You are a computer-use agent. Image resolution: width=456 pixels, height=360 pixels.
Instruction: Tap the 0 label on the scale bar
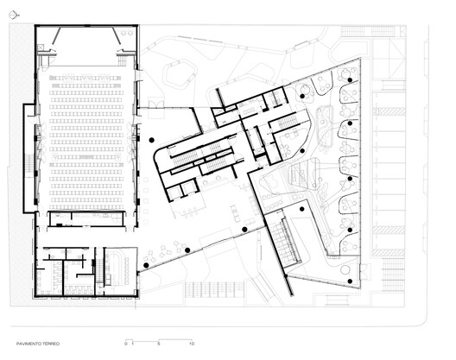pyautogui.click(x=125, y=344)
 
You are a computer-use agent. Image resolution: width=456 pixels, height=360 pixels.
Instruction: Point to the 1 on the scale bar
pyautogui.click(x=132, y=344)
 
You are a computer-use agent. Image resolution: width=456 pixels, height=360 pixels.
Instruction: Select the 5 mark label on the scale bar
pyautogui.click(x=159, y=344)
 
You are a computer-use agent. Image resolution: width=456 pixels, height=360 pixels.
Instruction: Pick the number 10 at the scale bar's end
pyautogui.click(x=192, y=344)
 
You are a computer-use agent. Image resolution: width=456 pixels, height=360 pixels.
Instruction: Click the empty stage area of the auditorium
pyautogui.click(x=86, y=47)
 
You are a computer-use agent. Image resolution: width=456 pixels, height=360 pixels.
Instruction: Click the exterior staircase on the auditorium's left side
pyautogui.click(x=31, y=163)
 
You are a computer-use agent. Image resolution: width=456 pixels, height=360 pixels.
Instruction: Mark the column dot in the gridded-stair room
pyautogui.click(x=302, y=209)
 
